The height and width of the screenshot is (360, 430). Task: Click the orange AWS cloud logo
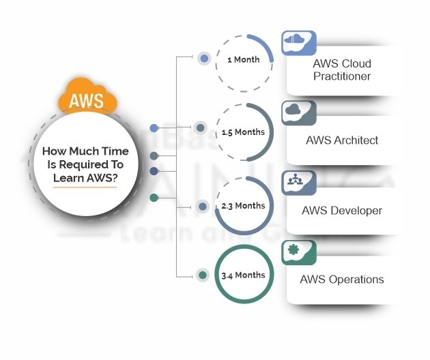tap(87, 100)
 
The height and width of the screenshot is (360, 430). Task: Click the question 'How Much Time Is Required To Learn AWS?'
tap(85, 164)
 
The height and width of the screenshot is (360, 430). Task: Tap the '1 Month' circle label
tap(243, 59)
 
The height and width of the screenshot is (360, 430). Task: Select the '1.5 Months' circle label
tap(244, 132)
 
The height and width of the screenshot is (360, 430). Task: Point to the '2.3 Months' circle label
tap(244, 205)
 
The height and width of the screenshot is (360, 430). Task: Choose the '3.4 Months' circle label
tap(243, 275)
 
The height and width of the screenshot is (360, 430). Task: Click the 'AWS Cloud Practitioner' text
tap(342, 70)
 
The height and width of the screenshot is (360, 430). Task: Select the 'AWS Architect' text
tap(342, 140)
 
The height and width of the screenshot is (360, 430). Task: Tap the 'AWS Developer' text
tap(342, 210)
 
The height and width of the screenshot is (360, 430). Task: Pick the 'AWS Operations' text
tap(342, 279)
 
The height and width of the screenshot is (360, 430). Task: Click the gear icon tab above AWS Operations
tap(298, 250)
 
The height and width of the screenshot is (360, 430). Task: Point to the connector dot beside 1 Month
tap(203, 59)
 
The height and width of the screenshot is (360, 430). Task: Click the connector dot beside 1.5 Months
tap(200, 127)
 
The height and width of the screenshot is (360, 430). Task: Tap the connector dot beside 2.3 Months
tap(202, 205)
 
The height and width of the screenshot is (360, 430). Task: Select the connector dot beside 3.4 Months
tap(202, 275)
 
